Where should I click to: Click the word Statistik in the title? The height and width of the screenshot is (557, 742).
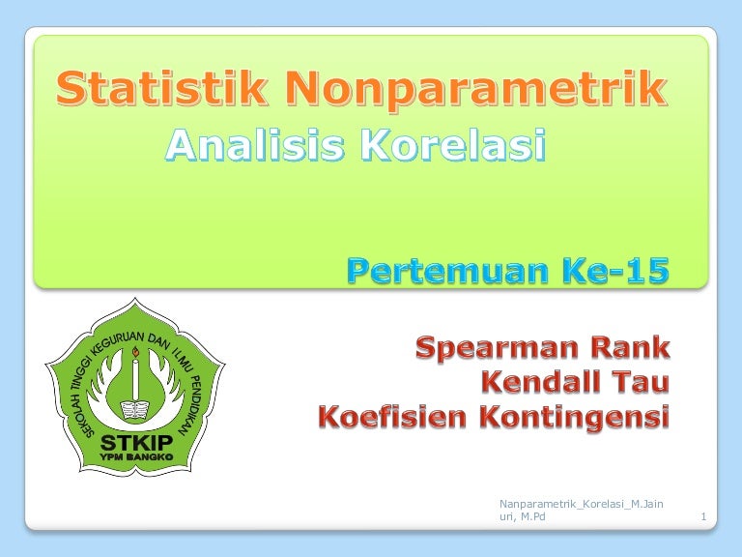click(161, 88)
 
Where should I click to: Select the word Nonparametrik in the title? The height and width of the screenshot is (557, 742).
click(476, 91)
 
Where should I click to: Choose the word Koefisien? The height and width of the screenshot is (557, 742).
click(392, 417)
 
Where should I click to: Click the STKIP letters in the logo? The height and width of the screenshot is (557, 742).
click(136, 443)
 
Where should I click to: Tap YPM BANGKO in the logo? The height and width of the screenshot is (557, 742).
click(136, 457)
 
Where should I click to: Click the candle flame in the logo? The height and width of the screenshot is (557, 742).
click(135, 352)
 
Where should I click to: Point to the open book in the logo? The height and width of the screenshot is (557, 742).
click(135, 410)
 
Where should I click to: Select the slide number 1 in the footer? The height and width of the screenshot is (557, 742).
click(703, 516)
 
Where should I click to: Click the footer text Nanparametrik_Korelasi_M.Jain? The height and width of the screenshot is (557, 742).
click(581, 504)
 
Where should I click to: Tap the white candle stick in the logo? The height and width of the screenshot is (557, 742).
click(135, 379)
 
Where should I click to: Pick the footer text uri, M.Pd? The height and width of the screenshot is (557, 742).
click(523, 516)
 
